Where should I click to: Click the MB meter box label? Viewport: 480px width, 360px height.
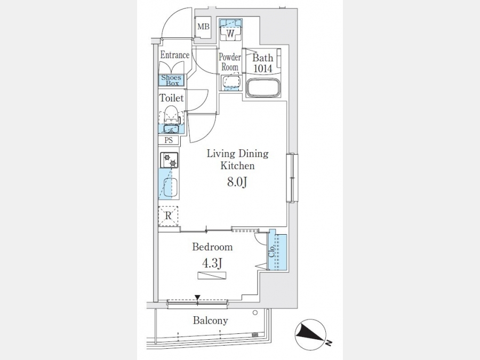coord(203,27)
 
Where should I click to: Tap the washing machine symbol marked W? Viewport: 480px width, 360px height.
coord(230,30)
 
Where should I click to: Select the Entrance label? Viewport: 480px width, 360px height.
coord(175,55)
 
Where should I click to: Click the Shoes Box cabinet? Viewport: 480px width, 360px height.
coord(171,80)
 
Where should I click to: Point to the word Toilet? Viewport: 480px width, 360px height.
coord(171,98)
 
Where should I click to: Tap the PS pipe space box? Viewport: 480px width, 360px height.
coord(169,140)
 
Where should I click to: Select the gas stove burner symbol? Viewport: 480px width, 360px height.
coord(169,160)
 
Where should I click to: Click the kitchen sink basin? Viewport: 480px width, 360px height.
coord(171,187)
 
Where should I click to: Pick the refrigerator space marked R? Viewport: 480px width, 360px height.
coord(168,216)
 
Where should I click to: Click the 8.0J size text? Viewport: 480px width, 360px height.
coord(237,182)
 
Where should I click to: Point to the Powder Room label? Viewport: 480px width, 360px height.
coord(230,62)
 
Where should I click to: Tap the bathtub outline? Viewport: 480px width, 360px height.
coord(263,88)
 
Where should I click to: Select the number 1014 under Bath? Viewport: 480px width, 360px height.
coord(263,68)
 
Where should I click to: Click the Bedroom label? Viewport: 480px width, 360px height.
coord(212,247)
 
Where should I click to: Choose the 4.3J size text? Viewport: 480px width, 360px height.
coord(212,262)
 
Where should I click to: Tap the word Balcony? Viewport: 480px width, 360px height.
coord(210,321)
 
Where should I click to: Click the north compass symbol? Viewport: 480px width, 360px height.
coord(310,334)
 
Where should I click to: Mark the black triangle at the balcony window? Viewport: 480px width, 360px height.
coord(197,297)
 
